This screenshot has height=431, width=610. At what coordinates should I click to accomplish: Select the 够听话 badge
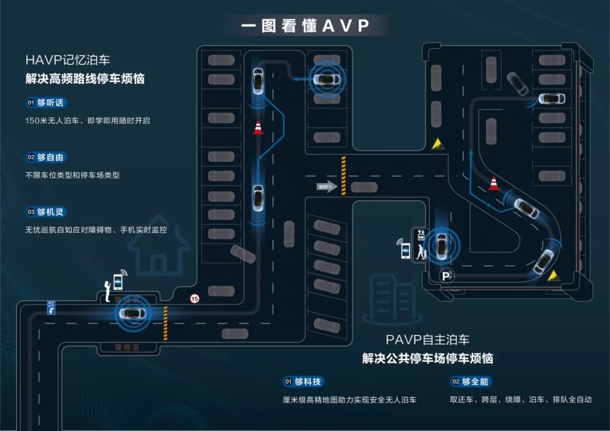(x=47, y=102)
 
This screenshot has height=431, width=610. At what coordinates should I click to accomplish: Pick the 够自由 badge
(x=47, y=157)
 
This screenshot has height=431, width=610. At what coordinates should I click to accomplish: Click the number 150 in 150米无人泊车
(x=33, y=120)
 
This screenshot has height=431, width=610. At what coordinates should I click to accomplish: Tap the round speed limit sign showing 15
(x=195, y=298)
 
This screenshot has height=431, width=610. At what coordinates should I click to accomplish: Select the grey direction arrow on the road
(x=327, y=186)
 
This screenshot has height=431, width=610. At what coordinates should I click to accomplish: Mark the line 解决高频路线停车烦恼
(x=85, y=78)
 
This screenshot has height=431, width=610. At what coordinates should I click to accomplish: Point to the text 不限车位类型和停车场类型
(x=72, y=175)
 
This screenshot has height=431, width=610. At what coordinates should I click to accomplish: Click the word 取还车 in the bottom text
(x=463, y=400)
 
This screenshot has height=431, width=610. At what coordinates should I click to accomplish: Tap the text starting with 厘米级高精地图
(x=348, y=400)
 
